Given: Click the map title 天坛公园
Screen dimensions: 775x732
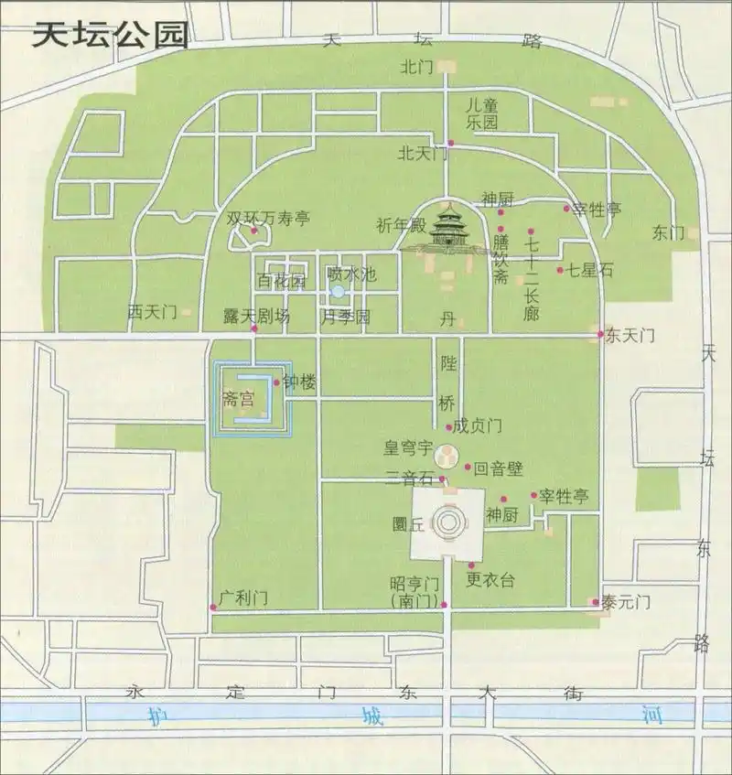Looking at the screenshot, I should pos(111,34).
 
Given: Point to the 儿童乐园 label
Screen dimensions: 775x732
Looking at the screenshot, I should pos(481,113).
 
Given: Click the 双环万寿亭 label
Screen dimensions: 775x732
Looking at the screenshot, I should pos(269,219).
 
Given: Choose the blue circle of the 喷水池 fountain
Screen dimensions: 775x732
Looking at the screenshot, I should pos(338,292).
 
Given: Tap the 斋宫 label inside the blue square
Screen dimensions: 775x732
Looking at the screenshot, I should pos(237,399).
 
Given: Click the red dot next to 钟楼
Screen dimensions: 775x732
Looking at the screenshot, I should pos(276,383).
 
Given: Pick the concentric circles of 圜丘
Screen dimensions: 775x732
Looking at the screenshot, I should pos(447,524).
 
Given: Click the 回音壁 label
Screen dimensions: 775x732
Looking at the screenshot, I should pos(499,468).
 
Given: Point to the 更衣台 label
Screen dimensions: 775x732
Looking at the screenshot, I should pos(490,579).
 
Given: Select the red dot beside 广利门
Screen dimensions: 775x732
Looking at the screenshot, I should pos(213,606).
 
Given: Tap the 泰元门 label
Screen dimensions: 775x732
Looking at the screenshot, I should pos(626,602).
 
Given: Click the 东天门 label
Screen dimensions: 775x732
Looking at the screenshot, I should pos(630,335).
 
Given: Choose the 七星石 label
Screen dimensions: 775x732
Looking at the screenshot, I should pos(590,270).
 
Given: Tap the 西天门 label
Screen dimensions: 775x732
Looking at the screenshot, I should pos(152,313).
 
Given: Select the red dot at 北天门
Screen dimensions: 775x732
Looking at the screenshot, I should pos(451,143).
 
